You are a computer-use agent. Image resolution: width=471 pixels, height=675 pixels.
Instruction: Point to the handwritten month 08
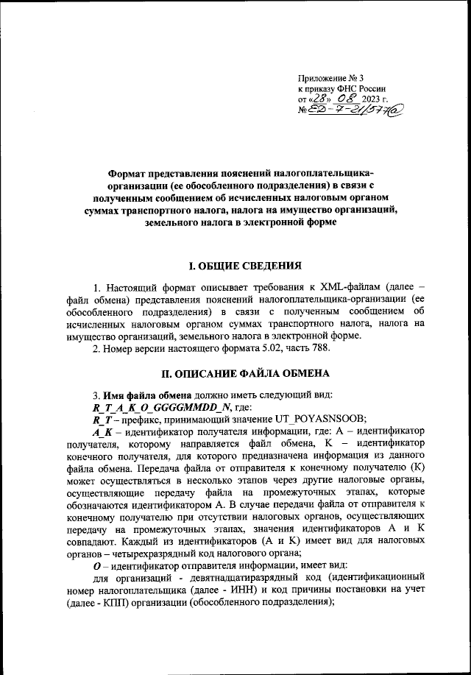click(347, 99)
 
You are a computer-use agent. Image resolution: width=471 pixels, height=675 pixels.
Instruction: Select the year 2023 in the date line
click(378, 100)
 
